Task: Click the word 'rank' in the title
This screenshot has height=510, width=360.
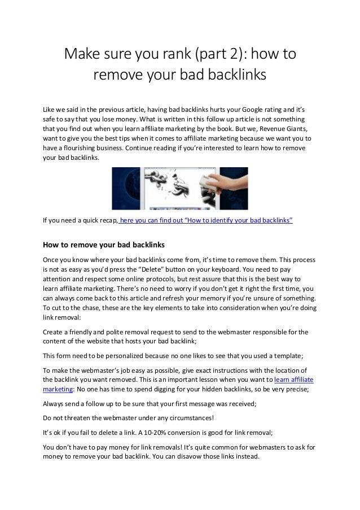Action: coord(171,55)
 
